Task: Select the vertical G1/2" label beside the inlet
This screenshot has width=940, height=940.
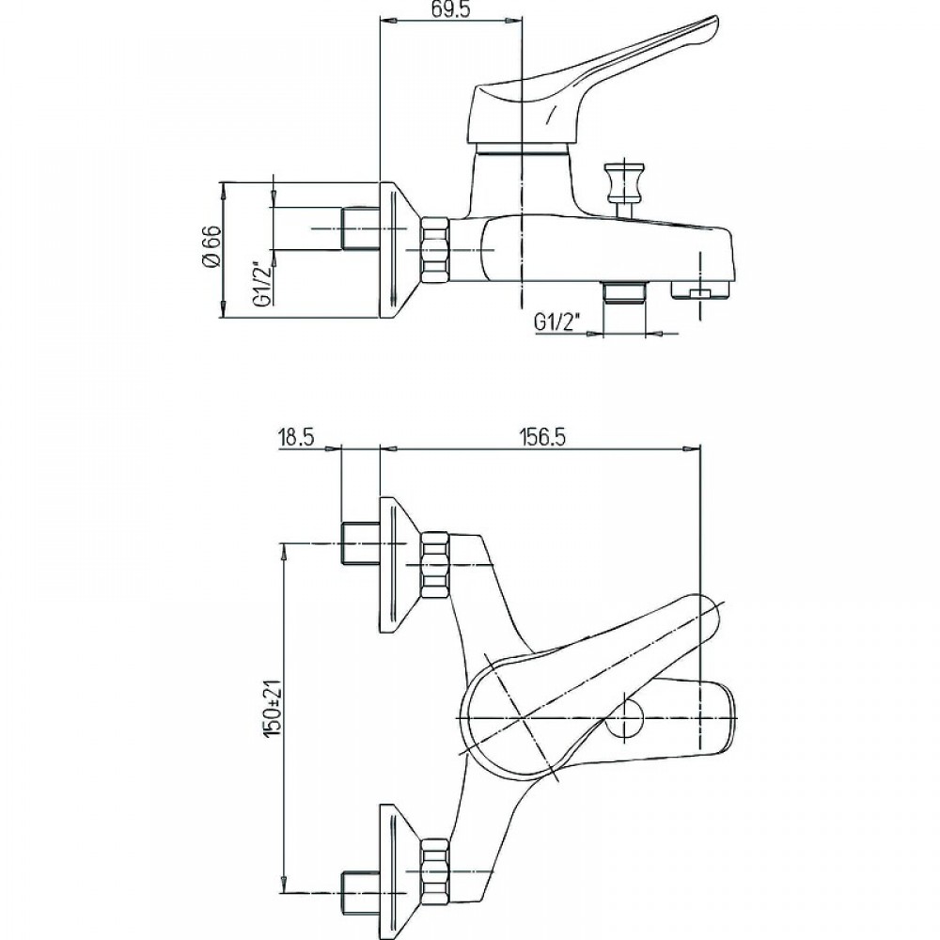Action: coord(262,283)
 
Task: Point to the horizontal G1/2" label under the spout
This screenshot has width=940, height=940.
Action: coord(557,323)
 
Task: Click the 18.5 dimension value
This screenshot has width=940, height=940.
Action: coord(296,437)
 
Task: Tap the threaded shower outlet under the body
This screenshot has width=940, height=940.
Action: coord(624,291)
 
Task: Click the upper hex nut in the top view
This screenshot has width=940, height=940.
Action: coord(435,565)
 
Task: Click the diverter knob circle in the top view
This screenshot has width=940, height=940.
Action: coord(624,717)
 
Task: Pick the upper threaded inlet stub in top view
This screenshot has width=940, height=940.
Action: coord(360,543)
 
